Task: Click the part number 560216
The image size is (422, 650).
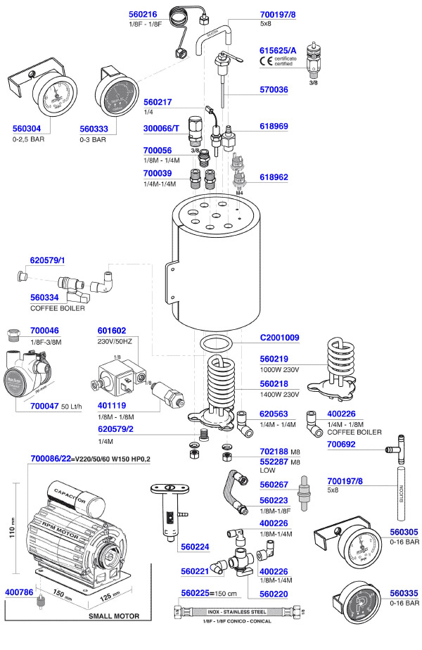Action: [x=149, y=13]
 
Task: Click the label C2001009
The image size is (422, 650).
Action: [x=280, y=338]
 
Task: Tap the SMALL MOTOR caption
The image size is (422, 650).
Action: [x=113, y=616]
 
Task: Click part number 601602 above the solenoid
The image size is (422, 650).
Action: [x=111, y=330]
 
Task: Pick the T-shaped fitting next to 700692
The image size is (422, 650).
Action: [x=399, y=448]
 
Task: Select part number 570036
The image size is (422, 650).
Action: [x=274, y=90]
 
